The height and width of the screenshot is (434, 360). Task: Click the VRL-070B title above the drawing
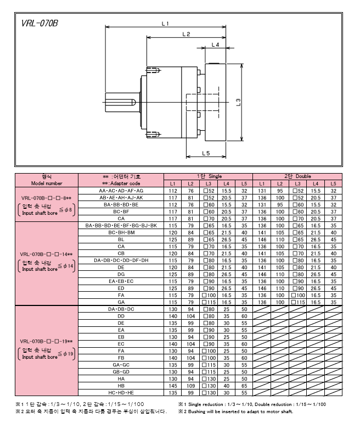40,24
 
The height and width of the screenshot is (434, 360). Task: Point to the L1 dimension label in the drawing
165,23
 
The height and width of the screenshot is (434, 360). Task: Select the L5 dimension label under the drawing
206,152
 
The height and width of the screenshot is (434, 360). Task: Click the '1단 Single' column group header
209,176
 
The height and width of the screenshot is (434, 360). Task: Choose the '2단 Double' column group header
297,176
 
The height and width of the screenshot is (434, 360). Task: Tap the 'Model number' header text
47,183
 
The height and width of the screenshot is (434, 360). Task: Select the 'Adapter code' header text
121,183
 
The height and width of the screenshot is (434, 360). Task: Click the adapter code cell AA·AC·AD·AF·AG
121,190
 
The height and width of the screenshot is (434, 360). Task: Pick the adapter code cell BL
121,240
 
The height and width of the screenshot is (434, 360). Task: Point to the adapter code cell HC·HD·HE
121,393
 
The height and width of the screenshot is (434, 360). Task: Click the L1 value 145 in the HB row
172,386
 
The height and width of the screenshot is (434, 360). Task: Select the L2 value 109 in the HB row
190,386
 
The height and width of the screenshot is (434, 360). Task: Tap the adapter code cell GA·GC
121,365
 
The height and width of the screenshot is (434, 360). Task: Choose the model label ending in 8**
47,197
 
